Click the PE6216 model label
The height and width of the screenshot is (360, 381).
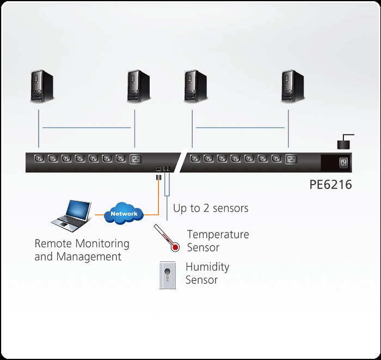[x=330, y=185]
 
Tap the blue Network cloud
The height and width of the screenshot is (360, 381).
[x=124, y=213]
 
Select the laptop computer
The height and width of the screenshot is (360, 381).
[x=72, y=215]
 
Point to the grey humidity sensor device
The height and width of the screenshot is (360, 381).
[x=168, y=274]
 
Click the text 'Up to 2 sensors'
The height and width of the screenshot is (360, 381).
[x=211, y=208]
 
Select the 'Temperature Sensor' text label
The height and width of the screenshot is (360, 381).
[x=218, y=241]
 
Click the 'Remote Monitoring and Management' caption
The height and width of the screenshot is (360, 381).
[x=82, y=250]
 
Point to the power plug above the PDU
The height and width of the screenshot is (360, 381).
[x=343, y=143]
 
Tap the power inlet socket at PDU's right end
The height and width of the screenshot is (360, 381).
[x=343, y=162]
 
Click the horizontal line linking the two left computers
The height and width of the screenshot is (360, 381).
[x=87, y=128]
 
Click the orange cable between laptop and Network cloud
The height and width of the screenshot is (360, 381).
[x=99, y=214]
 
